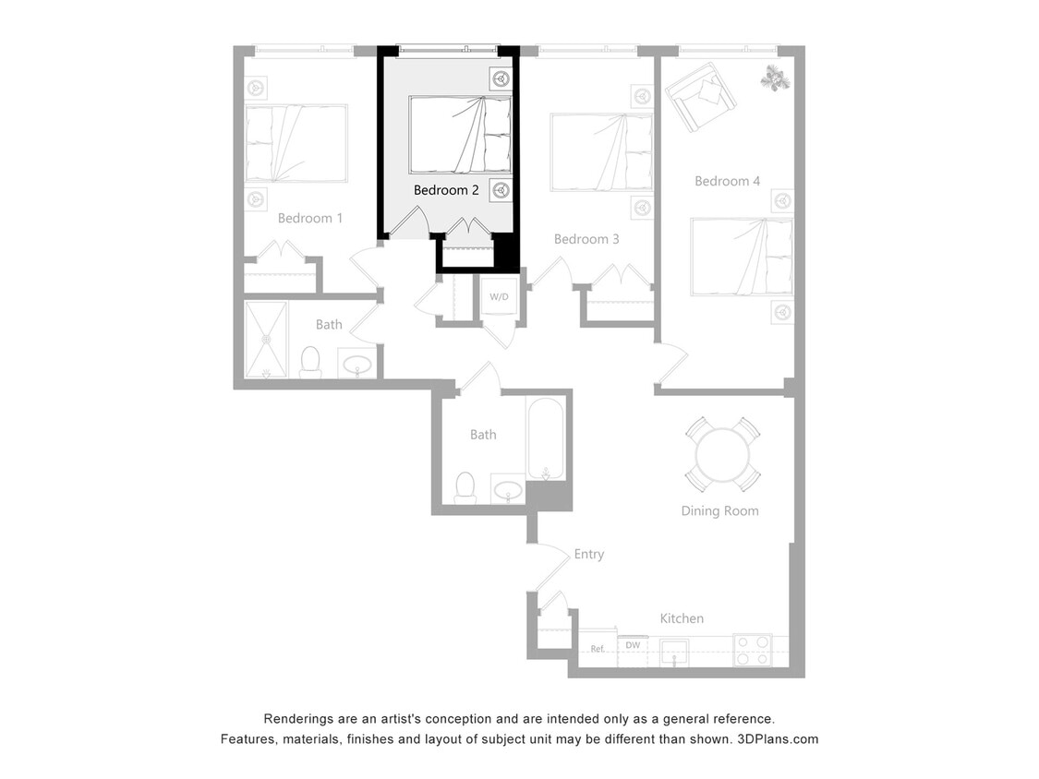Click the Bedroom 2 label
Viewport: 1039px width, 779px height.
pos(446,190)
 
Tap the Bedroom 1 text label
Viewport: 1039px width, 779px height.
pos(310,219)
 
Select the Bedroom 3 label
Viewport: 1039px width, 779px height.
pos(586,239)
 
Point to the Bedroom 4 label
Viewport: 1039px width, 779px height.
pos(727,181)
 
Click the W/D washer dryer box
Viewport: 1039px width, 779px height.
pos(499,297)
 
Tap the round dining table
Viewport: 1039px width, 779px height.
pos(723,454)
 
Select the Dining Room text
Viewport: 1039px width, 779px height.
pos(719,510)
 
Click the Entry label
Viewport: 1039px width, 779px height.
pos(588,554)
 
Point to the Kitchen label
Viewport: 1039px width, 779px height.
pos(682,618)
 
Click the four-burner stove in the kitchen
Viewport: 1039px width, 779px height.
pos(752,650)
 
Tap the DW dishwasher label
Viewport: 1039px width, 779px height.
pos(633,645)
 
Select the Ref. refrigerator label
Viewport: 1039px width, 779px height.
pos(598,649)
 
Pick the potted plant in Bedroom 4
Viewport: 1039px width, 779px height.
pos(775,79)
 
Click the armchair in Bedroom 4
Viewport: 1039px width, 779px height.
pos(699,97)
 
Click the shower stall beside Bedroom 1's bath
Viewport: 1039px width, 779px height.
pos(266,339)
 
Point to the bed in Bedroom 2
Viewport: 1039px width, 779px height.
pos(460,135)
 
